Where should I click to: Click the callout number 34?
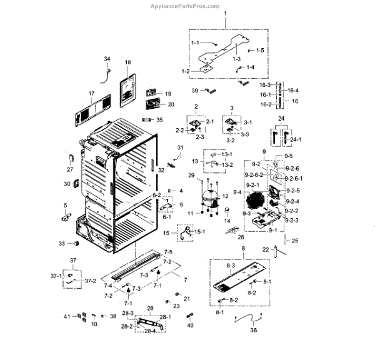[107, 59]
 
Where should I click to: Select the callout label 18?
[127, 62]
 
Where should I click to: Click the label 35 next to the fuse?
[159, 119]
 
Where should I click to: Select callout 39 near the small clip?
[195, 90]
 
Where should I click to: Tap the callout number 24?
[281, 118]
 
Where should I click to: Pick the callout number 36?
[253, 331]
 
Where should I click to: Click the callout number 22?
[266, 249]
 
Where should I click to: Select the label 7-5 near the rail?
[167, 251]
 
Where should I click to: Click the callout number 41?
[67, 317]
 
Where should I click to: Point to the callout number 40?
[191, 326]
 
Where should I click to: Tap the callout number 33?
[62, 242]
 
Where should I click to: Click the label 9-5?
[288, 156]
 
